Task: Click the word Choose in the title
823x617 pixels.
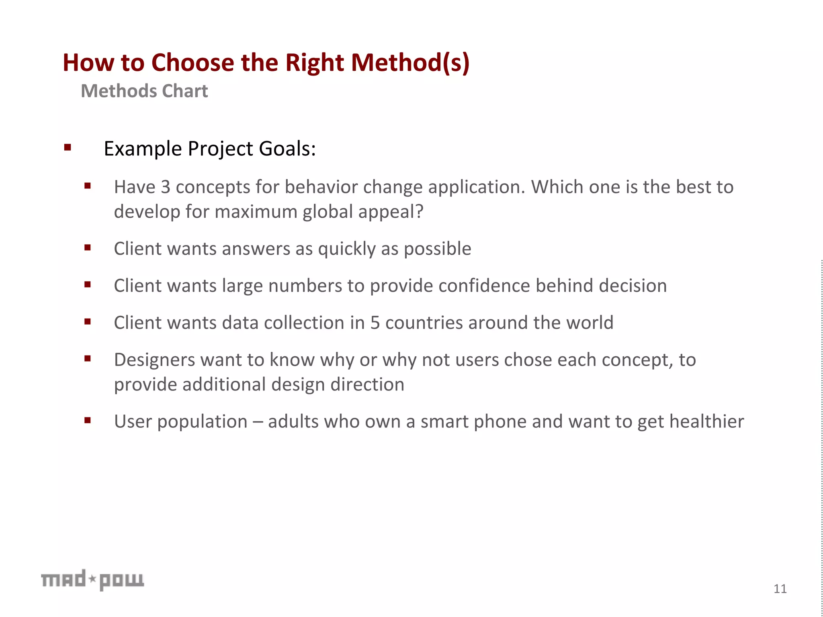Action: point(192,63)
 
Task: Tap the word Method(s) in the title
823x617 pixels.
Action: point(410,63)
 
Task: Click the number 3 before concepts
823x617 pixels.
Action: point(165,187)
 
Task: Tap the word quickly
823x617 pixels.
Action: point(346,249)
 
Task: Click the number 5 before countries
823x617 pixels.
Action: point(375,323)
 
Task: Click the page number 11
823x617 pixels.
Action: point(780,589)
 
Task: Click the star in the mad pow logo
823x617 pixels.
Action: point(92,579)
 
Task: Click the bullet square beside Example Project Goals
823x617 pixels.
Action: point(68,147)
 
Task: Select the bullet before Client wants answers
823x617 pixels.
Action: point(88,248)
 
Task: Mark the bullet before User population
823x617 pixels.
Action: point(88,421)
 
